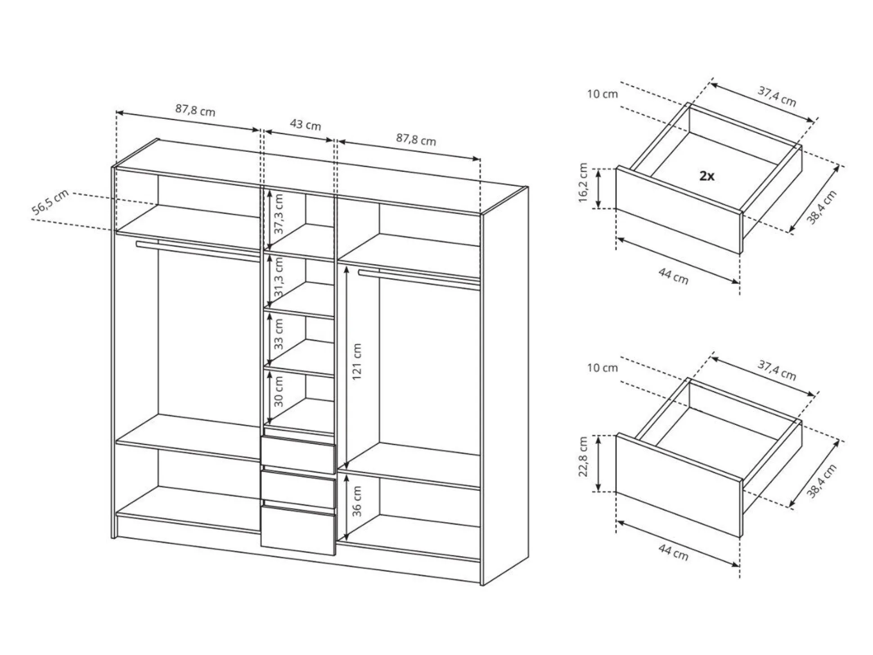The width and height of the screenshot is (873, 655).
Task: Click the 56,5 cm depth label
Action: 50,203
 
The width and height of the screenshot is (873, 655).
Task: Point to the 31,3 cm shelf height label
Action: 279,277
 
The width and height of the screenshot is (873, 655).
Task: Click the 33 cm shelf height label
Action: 279,334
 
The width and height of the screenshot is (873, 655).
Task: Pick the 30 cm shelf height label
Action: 279,392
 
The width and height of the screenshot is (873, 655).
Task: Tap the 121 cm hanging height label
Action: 356,361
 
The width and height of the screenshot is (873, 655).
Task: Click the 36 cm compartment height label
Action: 356,501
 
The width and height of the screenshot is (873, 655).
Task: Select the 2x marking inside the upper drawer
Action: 707,176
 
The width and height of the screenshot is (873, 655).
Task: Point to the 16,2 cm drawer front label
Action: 583,182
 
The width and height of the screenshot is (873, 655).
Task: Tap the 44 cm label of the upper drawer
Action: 673,276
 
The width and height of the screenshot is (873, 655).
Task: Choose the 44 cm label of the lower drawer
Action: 673,552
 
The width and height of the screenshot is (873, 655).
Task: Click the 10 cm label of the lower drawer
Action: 603,368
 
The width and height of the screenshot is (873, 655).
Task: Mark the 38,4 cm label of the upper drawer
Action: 821,208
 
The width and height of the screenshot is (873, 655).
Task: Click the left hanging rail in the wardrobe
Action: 198,251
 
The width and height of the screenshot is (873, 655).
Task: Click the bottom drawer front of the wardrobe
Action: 298,530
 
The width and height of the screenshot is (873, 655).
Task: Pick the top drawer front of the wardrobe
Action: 298,454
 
